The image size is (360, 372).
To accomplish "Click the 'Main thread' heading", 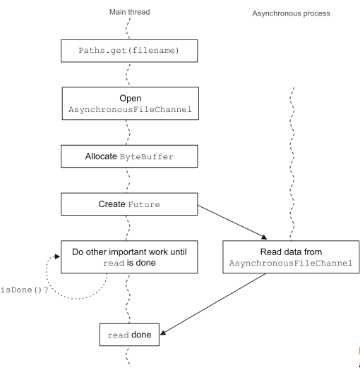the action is pos(129,12).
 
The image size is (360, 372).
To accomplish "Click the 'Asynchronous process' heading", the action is pos(291,13).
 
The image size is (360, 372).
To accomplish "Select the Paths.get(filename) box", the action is pos(129,51).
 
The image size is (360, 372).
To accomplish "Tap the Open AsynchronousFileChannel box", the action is pos(131,104).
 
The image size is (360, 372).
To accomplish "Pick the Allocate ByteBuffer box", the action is pos(129,156).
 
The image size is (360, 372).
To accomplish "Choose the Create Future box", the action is pos(129,204).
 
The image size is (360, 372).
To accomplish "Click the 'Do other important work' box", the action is pos(129,257).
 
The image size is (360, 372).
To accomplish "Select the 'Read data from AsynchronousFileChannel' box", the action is pos(291,257).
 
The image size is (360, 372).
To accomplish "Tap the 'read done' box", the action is pos(129,335).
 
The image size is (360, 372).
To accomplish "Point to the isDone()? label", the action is pos(24,290).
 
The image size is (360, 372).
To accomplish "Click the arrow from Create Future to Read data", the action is pos(232,223).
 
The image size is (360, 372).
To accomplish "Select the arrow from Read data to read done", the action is pos(213,304).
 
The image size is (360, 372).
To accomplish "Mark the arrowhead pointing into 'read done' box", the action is pos(163,333).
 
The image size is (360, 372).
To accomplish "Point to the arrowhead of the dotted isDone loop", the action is pos(57,256).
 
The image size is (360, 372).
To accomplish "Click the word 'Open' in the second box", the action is pos(131,98).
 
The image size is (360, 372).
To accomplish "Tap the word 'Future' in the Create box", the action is pos(144,204).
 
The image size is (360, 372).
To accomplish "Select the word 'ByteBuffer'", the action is pos(146,157).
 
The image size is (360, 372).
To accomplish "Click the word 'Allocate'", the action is pos(101,156).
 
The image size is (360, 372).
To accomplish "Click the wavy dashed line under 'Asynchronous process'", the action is pos(292,163).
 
